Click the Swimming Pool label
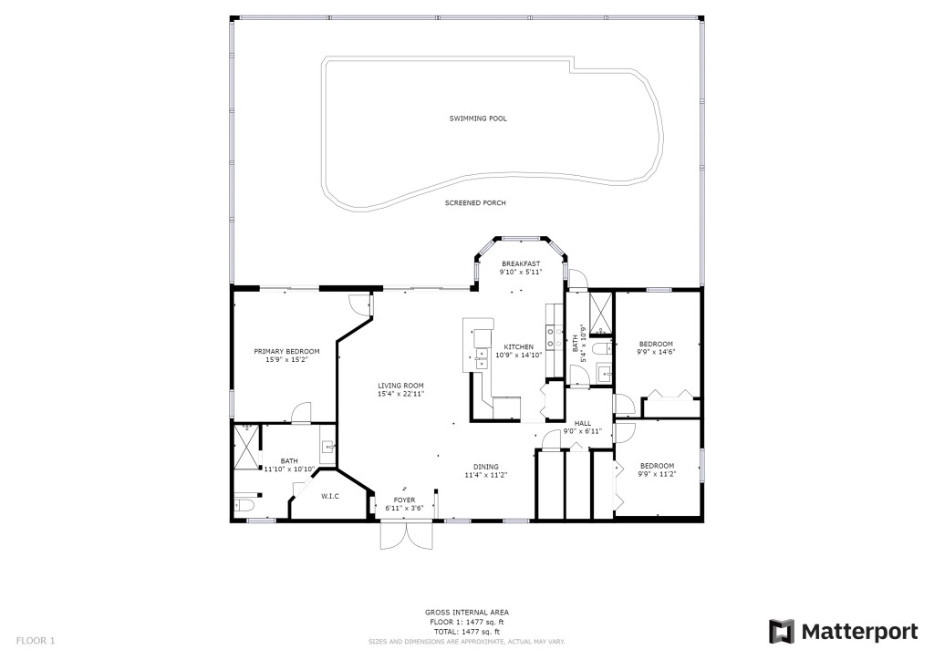click(478, 119)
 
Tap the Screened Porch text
click(475, 203)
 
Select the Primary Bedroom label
click(286, 351)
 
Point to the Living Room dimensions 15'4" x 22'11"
click(401, 394)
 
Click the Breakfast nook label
click(521, 263)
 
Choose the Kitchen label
click(519, 347)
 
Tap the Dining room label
click(485, 467)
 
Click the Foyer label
click(404, 500)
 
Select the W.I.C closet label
click(330, 496)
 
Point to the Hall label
click(583, 423)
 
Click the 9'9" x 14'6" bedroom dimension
click(656, 352)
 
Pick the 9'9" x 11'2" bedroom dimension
click(657, 474)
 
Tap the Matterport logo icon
click(782, 632)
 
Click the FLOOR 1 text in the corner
click(36, 641)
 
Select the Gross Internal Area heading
click(466, 613)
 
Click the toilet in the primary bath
click(244, 507)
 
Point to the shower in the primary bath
click(246, 447)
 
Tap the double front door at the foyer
click(407, 535)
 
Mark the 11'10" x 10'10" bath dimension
click(289, 469)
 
